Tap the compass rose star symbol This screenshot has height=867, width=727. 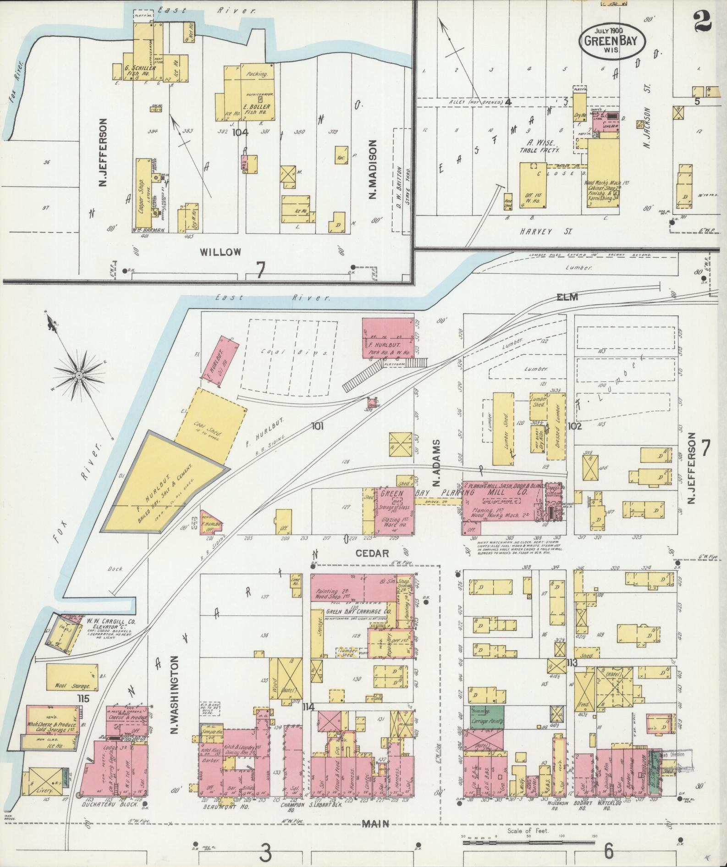[x=79, y=375]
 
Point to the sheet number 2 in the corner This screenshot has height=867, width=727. [x=702, y=21]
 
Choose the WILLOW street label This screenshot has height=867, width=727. [x=220, y=252]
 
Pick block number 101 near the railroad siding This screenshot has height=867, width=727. [x=317, y=426]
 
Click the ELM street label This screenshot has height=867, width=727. [x=568, y=297]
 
